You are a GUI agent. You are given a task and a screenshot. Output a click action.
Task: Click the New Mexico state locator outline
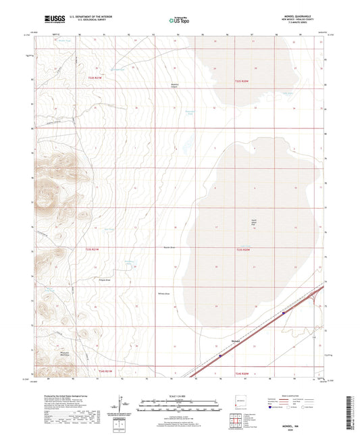pos(236,398)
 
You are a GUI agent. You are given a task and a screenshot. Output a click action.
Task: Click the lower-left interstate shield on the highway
pos(220,352)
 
